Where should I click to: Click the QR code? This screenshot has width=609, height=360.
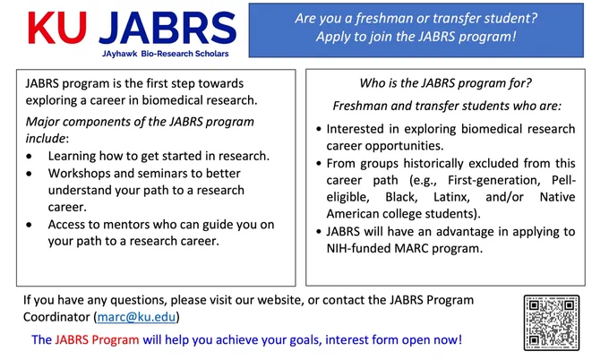pyautogui.click(x=552, y=322)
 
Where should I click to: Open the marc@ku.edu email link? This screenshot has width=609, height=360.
pyautogui.click(x=136, y=317)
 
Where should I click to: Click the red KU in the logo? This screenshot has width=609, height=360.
pyautogui.click(x=57, y=28)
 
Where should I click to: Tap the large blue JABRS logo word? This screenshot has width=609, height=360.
pyautogui.click(x=167, y=28)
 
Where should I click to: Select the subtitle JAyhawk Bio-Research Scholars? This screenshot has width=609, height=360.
pyautogui.click(x=166, y=54)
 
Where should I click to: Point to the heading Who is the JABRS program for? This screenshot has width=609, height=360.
pyautogui.click(x=445, y=83)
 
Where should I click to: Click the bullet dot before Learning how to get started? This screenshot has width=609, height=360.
pyautogui.click(x=30, y=157)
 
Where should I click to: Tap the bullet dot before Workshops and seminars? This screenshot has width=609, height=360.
pyautogui.click(x=30, y=174)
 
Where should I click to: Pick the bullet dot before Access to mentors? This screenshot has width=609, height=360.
pyautogui.click(x=30, y=225)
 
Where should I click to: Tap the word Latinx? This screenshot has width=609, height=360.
pyautogui.click(x=451, y=197)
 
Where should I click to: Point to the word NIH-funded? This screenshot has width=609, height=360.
pyautogui.click(x=358, y=248)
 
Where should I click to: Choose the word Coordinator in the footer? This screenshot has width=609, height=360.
pyautogui.click(x=56, y=317)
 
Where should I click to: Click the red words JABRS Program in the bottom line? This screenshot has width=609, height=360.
pyautogui.click(x=97, y=339)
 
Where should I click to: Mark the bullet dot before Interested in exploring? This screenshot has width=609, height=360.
pyautogui.click(x=319, y=129)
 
